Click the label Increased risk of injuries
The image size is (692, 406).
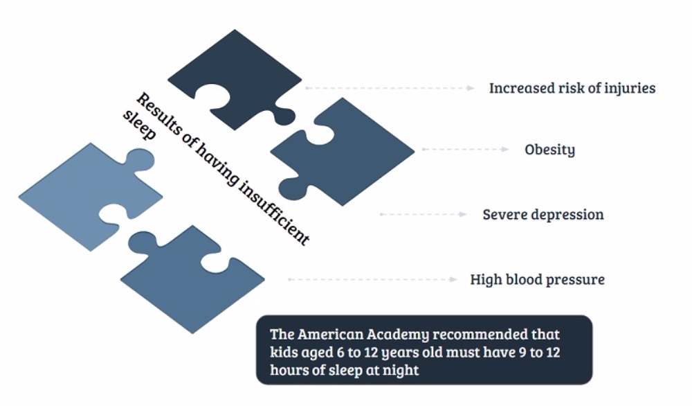572,88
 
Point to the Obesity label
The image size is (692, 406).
550,150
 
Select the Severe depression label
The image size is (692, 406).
543,214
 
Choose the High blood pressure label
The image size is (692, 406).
537,279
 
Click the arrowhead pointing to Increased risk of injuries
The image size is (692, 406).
471,88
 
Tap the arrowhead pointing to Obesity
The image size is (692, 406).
506,150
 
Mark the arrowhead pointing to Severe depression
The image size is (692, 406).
463,214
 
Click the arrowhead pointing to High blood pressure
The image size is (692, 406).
453,279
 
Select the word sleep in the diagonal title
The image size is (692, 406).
139,125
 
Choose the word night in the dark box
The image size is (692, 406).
401,370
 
